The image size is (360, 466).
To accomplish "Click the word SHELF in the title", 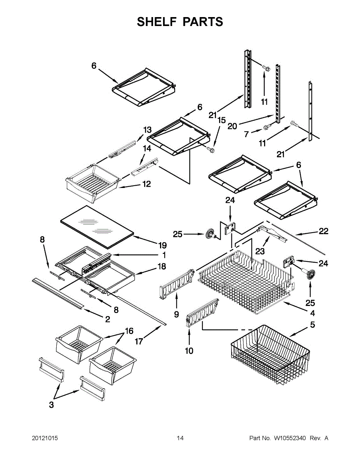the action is click(x=157, y=22).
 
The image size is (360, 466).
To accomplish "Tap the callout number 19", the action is click(x=162, y=245).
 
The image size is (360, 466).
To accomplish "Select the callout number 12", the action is click(x=147, y=184).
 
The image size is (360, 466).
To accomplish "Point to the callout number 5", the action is click(x=313, y=325).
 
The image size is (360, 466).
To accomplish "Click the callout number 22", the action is click(x=323, y=231).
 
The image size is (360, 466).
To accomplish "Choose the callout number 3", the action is click(x=51, y=405).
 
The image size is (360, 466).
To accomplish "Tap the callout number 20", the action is click(x=232, y=126).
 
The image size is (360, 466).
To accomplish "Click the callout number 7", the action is click(x=246, y=134).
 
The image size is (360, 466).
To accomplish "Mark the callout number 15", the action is click(x=222, y=120).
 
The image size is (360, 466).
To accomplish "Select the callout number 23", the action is click(x=260, y=251).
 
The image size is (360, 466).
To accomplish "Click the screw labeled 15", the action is click(x=210, y=150).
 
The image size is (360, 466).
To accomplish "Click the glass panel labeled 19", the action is click(x=97, y=227).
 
